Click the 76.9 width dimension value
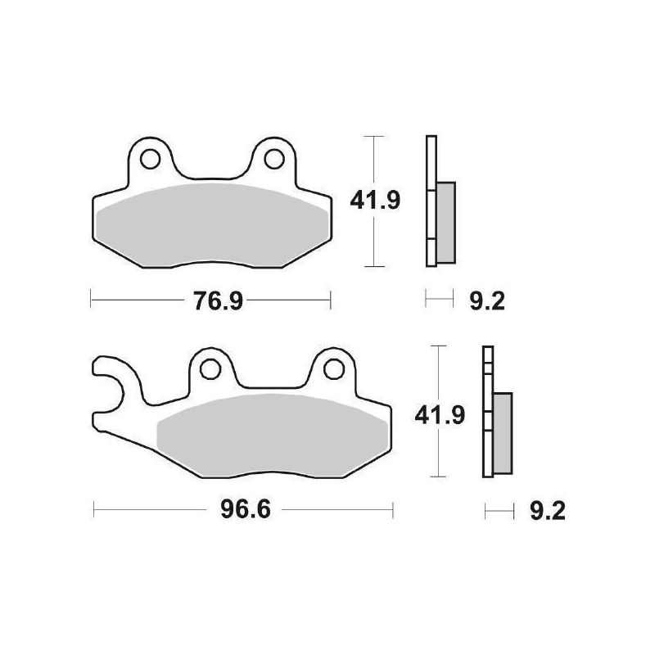click(209, 301)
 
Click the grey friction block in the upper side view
click(445, 221)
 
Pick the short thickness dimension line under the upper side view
click(439, 300)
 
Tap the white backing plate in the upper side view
click(430, 164)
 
